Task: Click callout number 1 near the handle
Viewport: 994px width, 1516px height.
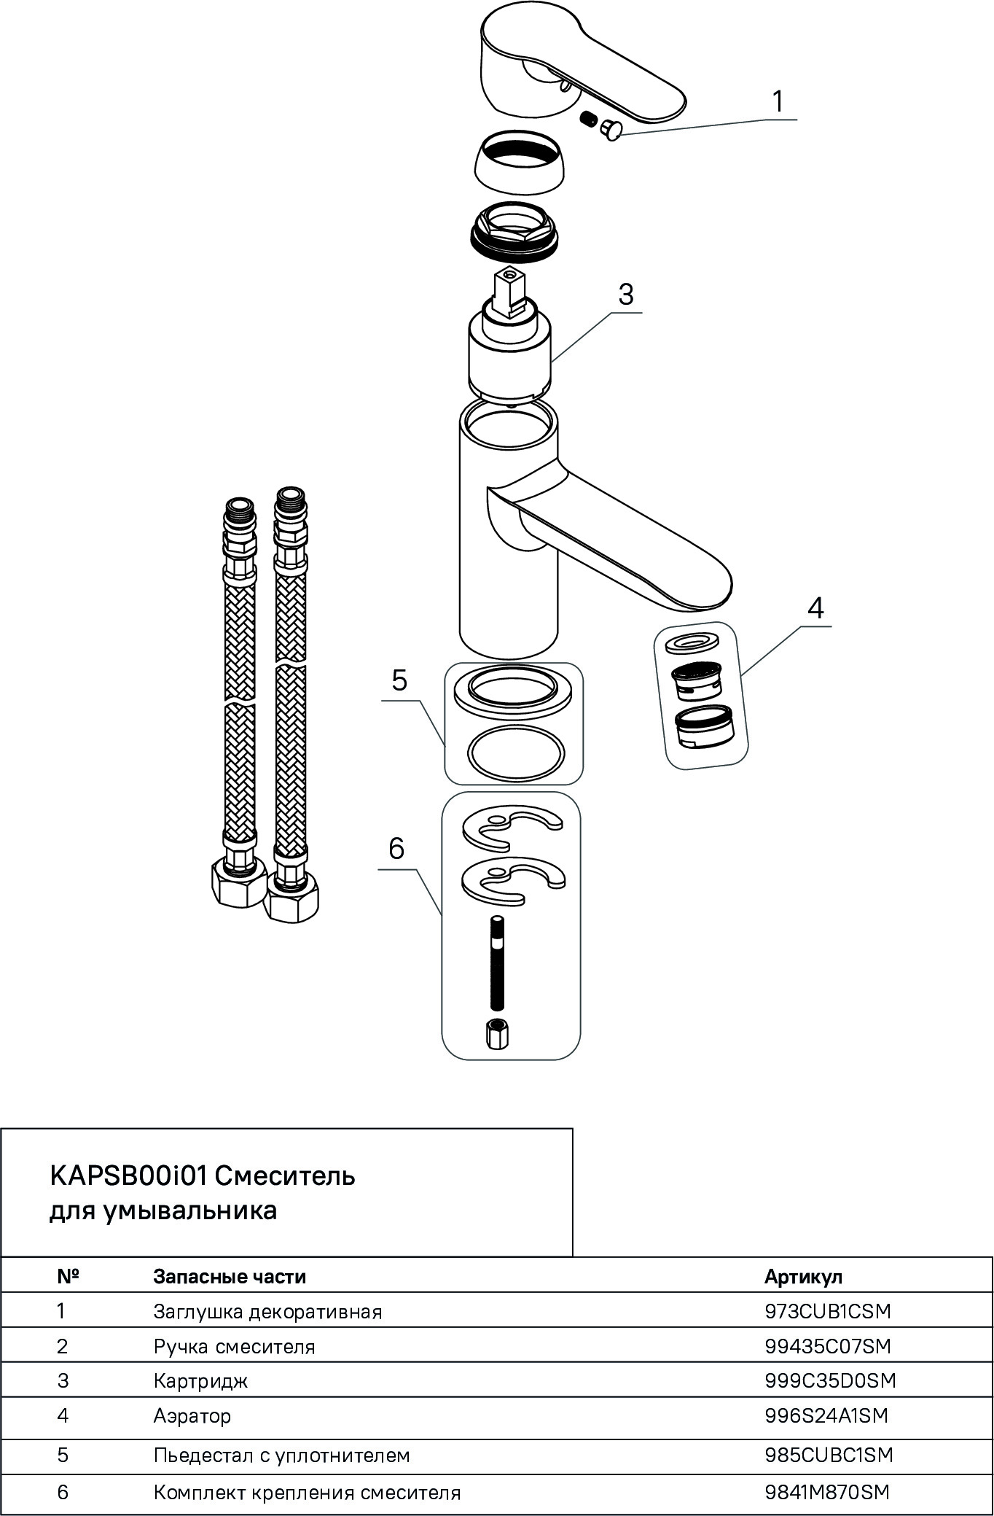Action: pyautogui.click(x=778, y=101)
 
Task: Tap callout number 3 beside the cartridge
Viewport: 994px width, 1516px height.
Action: pyautogui.click(x=625, y=295)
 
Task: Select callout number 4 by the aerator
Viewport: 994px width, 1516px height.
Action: pyautogui.click(x=815, y=607)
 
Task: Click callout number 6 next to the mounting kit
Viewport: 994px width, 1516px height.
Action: pyautogui.click(x=396, y=848)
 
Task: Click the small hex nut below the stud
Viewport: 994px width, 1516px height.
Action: pyautogui.click(x=496, y=1034)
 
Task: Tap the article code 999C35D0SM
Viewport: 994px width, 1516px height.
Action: pyautogui.click(x=830, y=1380)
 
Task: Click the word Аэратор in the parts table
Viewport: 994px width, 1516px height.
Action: pyautogui.click(x=192, y=1415)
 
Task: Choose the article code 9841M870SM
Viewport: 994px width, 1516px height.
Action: pyautogui.click(x=827, y=1492)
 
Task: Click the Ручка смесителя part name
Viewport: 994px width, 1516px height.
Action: pyautogui.click(x=234, y=1346)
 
